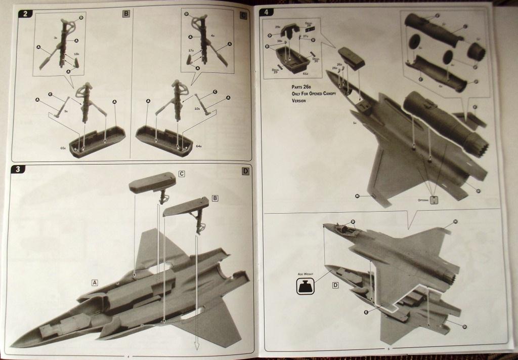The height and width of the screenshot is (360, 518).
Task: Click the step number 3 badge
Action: tap(18, 170)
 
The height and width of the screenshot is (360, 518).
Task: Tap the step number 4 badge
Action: tap(267, 12)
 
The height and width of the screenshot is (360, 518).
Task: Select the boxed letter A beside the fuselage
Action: tap(95, 282)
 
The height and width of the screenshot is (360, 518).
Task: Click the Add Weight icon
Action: tap(306, 287)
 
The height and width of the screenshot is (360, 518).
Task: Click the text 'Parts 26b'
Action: tap(296, 88)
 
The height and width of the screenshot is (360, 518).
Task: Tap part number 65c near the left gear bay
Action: tap(63, 148)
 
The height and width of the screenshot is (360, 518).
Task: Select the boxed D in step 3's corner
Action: tap(245, 171)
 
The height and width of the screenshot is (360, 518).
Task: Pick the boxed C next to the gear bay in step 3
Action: tap(182, 174)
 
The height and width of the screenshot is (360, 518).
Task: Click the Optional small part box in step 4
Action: tap(434, 199)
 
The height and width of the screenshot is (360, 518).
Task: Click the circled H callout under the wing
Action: tap(357, 196)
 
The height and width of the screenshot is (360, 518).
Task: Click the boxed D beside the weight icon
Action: tap(335, 285)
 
